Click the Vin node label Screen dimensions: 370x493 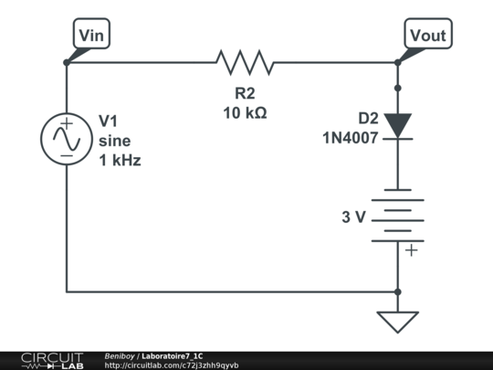(92, 35)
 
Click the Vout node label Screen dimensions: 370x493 (427, 35)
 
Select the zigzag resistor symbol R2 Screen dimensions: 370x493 (245, 62)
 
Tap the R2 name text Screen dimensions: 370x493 (245, 94)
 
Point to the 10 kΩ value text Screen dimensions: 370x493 (245, 112)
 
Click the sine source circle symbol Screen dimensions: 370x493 (67, 140)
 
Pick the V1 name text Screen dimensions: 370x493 (109, 121)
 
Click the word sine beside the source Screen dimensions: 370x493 (115, 141)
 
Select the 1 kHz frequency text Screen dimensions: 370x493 (121, 160)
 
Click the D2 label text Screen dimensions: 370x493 (368, 118)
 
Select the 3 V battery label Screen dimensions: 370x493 (354, 217)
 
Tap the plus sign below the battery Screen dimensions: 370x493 (412, 249)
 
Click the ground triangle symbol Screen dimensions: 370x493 (398, 321)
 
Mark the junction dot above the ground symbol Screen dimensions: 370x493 (398, 292)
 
